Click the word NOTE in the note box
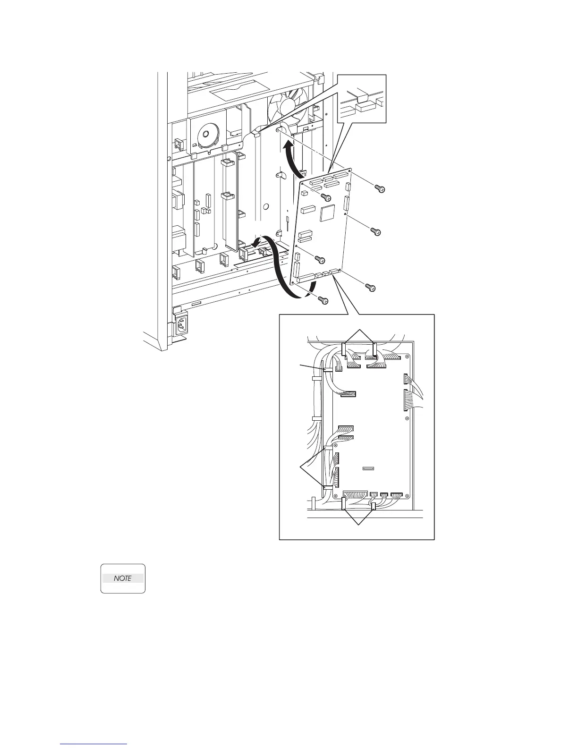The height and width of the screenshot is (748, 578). coord(122,578)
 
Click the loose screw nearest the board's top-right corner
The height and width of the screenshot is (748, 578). coord(379,188)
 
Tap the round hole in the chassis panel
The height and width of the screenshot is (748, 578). coord(266,206)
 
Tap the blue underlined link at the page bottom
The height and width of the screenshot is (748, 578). coord(94,744)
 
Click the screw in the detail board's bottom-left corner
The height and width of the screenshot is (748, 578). coord(335,496)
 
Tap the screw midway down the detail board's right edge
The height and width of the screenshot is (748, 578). coord(407,418)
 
